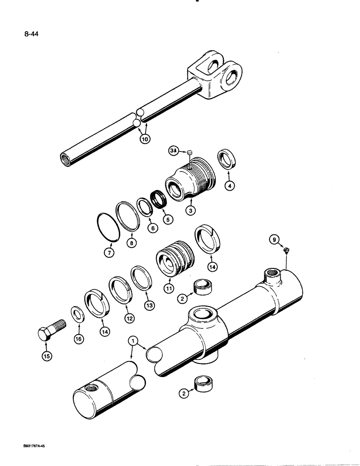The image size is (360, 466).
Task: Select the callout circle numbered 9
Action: point(275,240)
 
